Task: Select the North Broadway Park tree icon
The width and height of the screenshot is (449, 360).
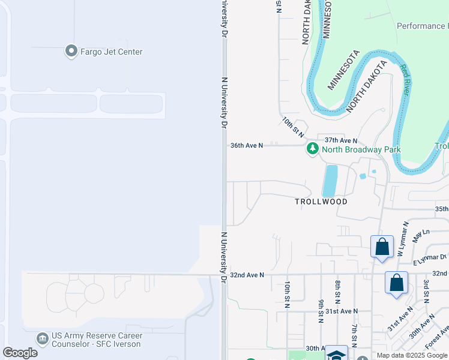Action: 312,149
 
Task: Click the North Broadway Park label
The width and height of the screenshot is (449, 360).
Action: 361,149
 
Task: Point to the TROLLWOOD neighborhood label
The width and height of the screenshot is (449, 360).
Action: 321,202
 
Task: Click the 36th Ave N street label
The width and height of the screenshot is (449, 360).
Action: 247,145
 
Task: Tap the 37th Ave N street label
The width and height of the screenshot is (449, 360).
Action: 341,139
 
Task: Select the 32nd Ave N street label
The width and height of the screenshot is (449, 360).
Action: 247,275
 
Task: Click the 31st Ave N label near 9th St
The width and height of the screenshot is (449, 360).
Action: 341,311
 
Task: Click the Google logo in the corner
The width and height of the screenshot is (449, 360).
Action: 20,353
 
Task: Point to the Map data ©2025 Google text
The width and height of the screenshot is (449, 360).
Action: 412,355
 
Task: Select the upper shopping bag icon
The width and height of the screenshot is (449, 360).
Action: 382,247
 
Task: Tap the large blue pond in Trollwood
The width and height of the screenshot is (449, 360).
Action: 330,181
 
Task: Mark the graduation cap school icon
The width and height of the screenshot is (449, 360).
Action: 336,354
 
